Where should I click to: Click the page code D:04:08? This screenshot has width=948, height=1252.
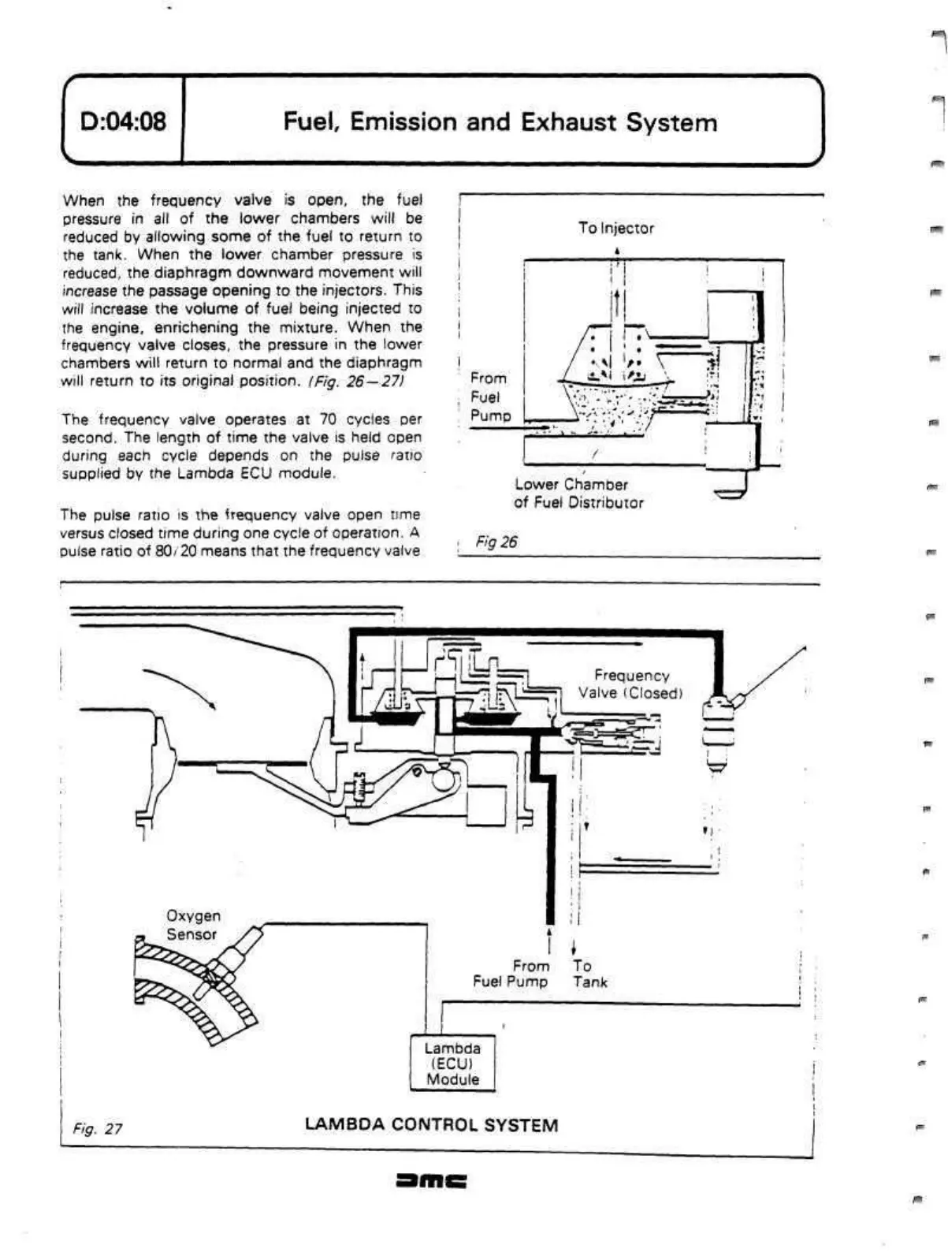coord(123,122)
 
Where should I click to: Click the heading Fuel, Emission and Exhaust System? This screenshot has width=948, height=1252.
coord(500,122)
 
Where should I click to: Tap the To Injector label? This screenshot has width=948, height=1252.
coord(615,228)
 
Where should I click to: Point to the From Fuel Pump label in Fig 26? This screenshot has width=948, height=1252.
coord(490,397)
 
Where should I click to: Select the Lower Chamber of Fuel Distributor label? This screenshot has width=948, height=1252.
coord(578,494)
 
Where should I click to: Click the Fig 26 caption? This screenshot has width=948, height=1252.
coord(496,542)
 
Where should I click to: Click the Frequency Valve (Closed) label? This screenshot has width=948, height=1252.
coord(630,684)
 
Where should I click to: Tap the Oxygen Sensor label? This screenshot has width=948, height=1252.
coord(192,925)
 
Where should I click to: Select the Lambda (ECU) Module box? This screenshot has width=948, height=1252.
coord(452,1064)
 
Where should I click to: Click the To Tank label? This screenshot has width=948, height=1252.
coord(589,974)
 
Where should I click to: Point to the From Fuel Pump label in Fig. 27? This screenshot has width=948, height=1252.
coord(511,974)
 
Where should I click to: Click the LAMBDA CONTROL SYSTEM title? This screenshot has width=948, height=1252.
coord(431,1125)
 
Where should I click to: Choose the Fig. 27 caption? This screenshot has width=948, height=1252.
coord(98,1128)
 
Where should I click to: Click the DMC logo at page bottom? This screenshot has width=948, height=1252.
coord(433,1180)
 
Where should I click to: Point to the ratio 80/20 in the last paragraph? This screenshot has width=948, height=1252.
coord(173,551)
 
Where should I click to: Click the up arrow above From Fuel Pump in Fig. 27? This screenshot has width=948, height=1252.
coord(549,939)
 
